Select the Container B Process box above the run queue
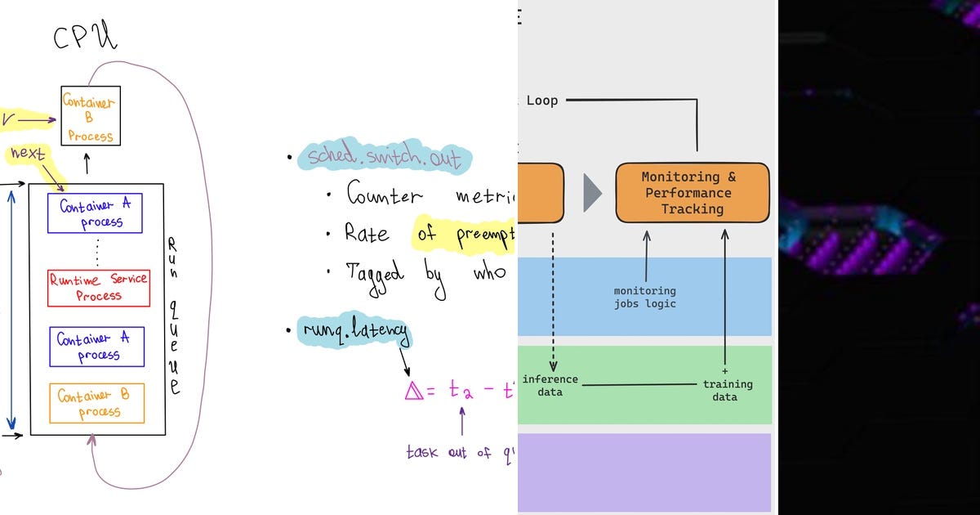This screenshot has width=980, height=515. (x=91, y=116)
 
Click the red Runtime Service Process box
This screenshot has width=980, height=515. (x=99, y=288)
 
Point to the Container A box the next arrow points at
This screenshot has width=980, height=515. (x=95, y=213)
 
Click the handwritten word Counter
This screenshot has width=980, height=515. (x=385, y=196)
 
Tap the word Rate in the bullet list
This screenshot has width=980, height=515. (x=367, y=234)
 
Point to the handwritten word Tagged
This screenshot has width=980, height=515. (x=375, y=271)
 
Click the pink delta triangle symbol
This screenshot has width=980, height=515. (x=414, y=391)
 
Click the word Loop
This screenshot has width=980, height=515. (x=542, y=101)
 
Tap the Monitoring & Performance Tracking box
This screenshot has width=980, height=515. (x=692, y=193)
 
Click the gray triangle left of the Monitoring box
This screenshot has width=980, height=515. (x=592, y=193)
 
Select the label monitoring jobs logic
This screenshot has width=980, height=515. (x=645, y=297)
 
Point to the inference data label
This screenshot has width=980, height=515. (x=550, y=385)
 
